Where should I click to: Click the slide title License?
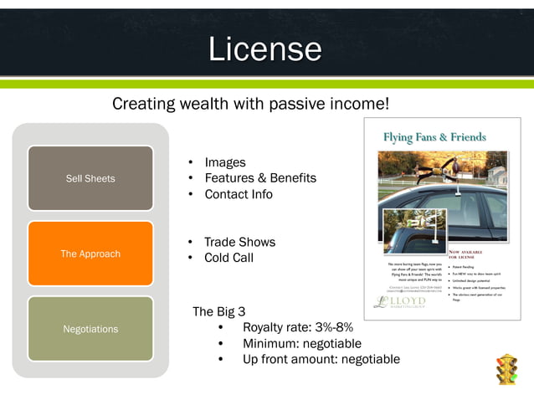(x=264, y=49)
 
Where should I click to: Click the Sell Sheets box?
(x=90, y=178)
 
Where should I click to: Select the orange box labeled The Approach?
(x=90, y=254)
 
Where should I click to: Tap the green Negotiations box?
(x=90, y=329)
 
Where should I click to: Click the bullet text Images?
(x=225, y=162)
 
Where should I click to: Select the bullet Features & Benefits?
(x=260, y=178)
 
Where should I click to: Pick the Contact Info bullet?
(x=239, y=194)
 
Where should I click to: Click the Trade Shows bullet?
(x=239, y=242)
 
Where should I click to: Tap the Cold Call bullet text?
(x=228, y=258)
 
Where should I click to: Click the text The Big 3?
(x=218, y=311)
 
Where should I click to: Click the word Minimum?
(x=269, y=343)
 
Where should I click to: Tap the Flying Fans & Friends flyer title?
(x=434, y=137)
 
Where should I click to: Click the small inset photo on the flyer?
(x=413, y=229)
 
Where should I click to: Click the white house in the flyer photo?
(x=495, y=174)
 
